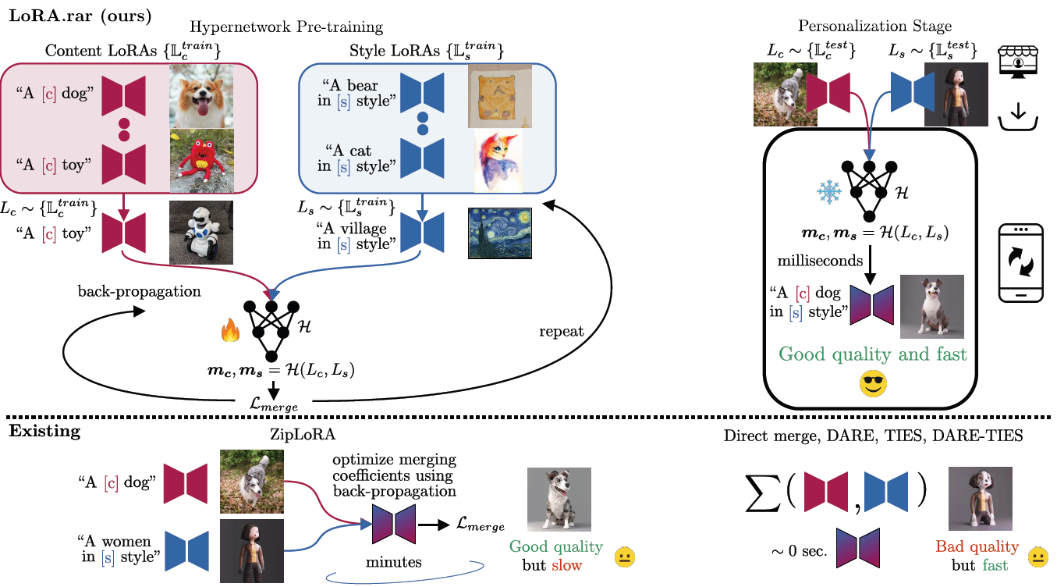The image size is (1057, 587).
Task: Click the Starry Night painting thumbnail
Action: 499,233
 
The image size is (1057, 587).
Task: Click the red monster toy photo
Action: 201,160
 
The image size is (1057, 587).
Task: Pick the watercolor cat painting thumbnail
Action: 498,161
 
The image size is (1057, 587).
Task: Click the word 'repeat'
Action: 561,331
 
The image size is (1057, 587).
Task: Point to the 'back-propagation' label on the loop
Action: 139,291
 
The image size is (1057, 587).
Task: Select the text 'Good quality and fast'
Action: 873,354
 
